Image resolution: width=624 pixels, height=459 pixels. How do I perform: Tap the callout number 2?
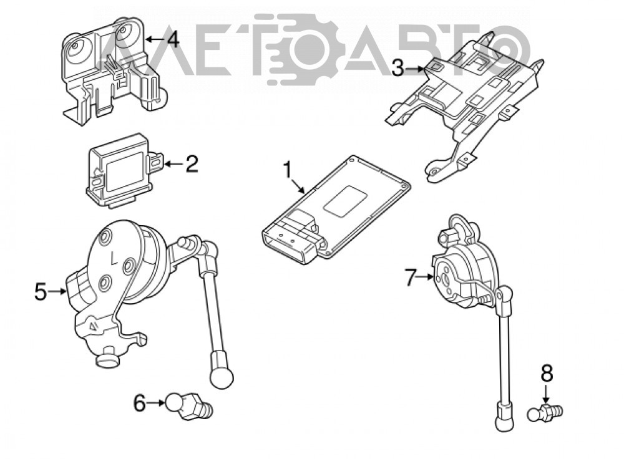[x=192, y=163]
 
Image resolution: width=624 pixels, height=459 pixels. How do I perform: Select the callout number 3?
[x=397, y=68]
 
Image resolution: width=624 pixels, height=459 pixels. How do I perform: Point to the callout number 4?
[x=173, y=39]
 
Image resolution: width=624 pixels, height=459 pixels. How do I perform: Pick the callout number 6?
[x=139, y=403]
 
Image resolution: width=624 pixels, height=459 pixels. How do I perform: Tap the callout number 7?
[x=411, y=276]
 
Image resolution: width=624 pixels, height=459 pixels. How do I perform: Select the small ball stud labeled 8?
[x=545, y=413]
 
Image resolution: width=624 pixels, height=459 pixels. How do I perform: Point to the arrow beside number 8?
[x=547, y=394]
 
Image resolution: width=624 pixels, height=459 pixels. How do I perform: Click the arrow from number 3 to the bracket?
[x=415, y=69]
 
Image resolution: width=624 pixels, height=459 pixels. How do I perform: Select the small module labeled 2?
[x=125, y=171]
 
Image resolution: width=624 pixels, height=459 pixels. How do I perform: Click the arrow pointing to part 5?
[x=57, y=292]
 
